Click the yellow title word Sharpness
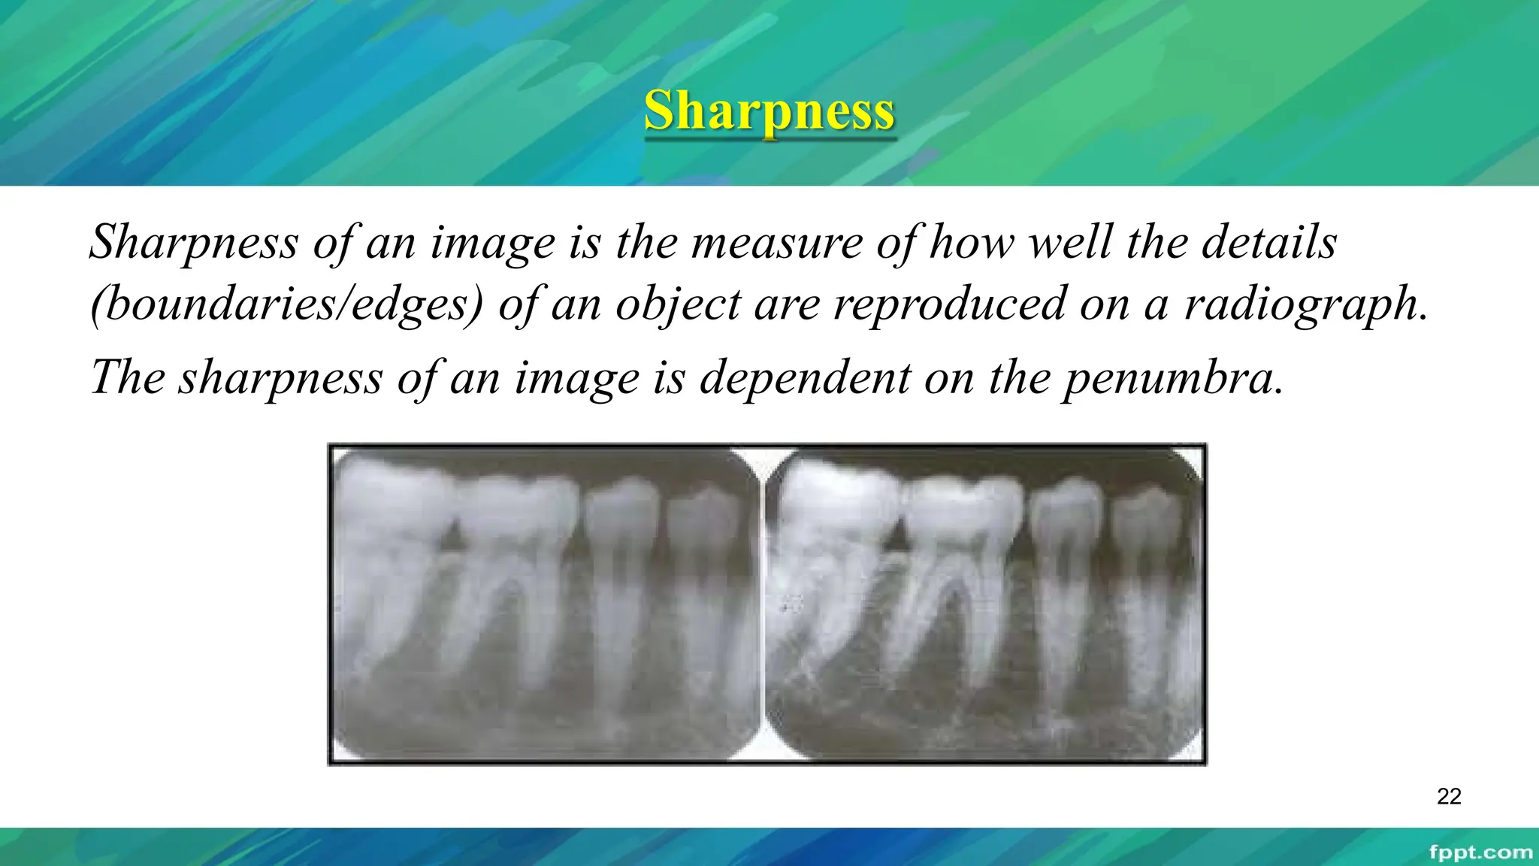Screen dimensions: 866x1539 click(x=769, y=111)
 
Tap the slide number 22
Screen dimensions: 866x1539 click(x=1449, y=796)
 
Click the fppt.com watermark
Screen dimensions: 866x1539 click(x=1480, y=852)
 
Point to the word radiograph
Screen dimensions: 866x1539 click(x=1305, y=304)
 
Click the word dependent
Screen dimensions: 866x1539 click(x=805, y=378)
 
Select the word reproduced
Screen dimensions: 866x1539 click(x=950, y=304)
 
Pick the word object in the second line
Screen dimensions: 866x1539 click(x=679, y=304)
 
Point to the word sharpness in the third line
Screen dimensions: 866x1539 click(x=280, y=378)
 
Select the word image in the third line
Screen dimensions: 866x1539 click(x=576, y=378)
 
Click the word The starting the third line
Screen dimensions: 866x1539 click(x=128, y=378)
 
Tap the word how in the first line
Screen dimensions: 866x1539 click(x=972, y=243)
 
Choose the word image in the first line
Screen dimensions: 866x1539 click(x=492, y=243)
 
